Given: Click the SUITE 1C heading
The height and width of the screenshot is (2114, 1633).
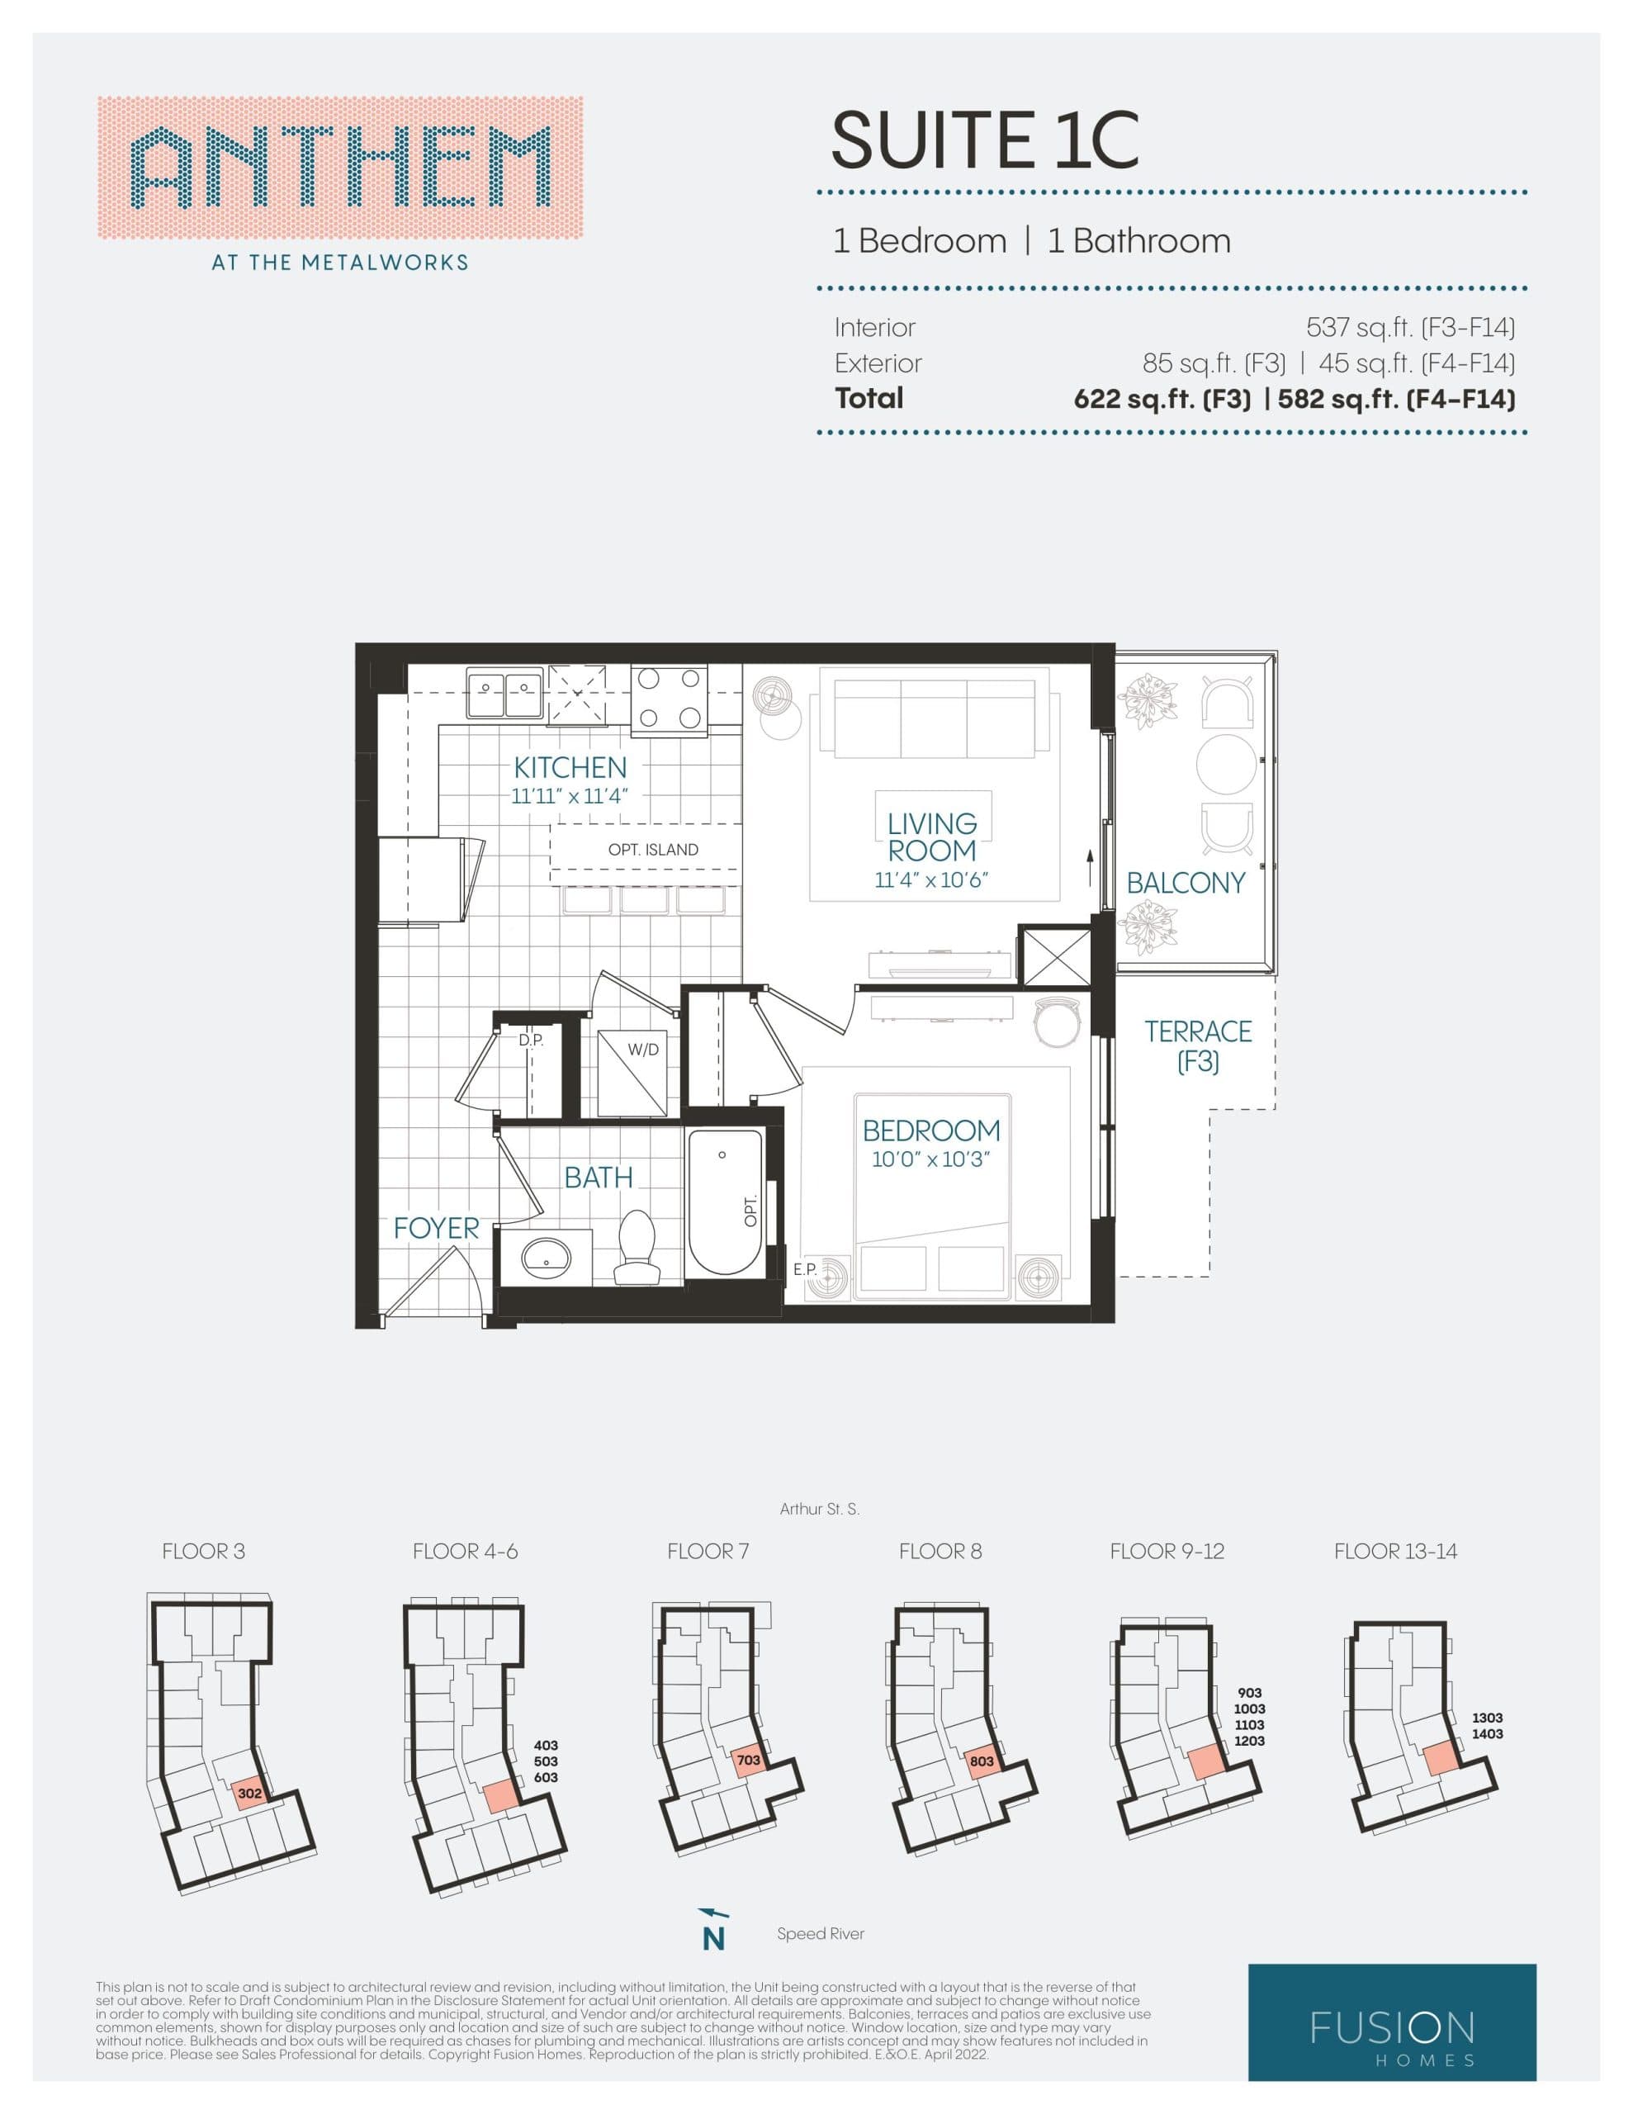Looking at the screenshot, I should click(x=984, y=140).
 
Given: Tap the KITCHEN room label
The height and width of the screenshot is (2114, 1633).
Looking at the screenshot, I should click(x=570, y=768).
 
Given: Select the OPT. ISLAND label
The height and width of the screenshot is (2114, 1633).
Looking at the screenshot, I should click(x=652, y=850).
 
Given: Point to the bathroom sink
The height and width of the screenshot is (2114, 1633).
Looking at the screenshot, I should click(x=546, y=1258).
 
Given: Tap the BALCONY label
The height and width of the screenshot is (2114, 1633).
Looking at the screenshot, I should click(x=1185, y=883).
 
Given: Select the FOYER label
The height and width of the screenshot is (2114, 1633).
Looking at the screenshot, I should click(x=436, y=1228).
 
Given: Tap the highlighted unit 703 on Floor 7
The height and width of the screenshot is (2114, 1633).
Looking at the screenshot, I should click(x=748, y=1761).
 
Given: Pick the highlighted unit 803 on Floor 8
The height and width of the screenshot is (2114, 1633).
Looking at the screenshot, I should click(x=982, y=1761).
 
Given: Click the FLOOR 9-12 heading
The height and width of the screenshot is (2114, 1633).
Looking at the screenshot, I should click(x=1167, y=1552).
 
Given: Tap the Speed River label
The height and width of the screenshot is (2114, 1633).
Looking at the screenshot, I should click(x=820, y=1934).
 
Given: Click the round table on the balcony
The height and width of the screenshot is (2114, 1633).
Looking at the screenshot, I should click(x=1225, y=765).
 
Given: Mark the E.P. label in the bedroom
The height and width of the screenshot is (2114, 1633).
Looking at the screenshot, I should click(x=806, y=1268).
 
